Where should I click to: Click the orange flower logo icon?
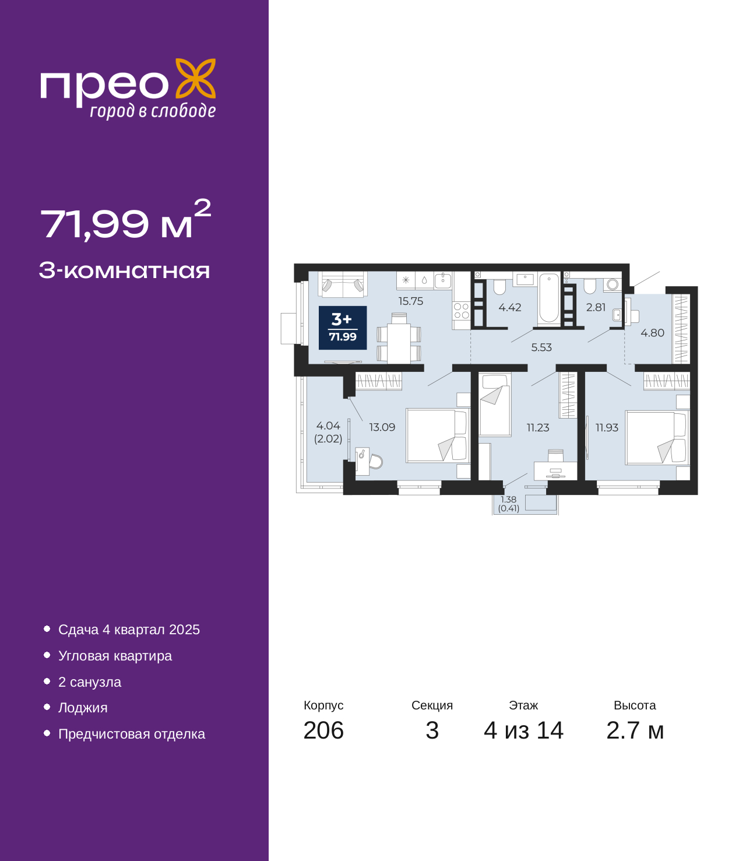[x=195, y=78]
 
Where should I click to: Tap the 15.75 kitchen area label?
[x=410, y=301]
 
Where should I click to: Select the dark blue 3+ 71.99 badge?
[x=342, y=328]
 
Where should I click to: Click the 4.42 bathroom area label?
[x=509, y=307]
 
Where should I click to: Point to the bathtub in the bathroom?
[x=548, y=298]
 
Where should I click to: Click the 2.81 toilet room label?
[x=596, y=307]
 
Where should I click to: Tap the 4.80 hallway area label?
[x=652, y=333]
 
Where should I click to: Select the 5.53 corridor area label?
[x=541, y=347]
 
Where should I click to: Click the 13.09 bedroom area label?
[x=382, y=427]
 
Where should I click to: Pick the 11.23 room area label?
[x=538, y=427]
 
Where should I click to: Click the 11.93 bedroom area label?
[x=607, y=427]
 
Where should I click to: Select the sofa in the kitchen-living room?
[x=342, y=284]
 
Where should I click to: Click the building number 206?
[x=323, y=730]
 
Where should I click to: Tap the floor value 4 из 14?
[x=523, y=730]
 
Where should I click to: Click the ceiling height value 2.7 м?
[x=635, y=730]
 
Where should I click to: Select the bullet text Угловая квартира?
[x=115, y=656]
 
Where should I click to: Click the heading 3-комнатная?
[x=124, y=270]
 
